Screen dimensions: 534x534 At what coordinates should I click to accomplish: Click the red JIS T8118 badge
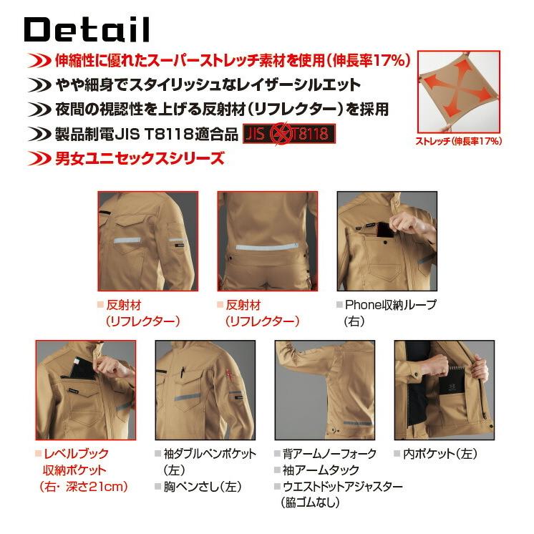(289, 135)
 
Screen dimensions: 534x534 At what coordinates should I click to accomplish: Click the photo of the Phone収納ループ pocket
(386, 241)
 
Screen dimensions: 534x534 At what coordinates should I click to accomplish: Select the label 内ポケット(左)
(441, 453)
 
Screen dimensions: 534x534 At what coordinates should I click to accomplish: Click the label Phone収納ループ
(390, 305)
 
